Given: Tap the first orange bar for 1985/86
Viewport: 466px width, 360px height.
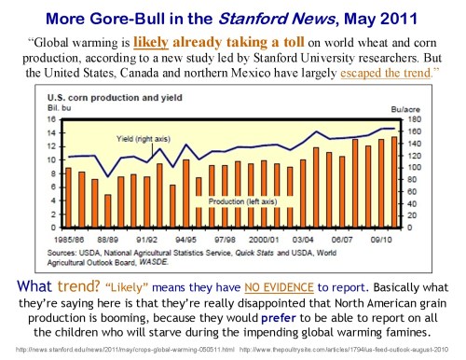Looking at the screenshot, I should point(68,198).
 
